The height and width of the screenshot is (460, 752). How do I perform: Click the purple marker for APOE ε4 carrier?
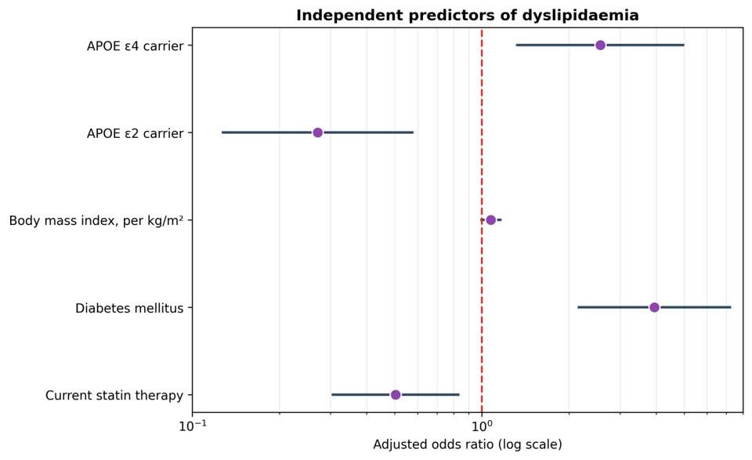600,45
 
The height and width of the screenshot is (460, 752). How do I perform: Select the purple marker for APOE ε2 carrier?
317,132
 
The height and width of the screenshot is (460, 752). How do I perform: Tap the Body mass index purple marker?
490,219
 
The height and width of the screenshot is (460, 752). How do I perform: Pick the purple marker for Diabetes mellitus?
654,307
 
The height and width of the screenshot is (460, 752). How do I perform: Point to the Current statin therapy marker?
395,395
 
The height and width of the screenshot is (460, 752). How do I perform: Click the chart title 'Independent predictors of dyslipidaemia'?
467,16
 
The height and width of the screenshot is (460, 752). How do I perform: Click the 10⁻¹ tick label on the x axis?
193,426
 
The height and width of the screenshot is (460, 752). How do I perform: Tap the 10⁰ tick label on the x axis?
482,426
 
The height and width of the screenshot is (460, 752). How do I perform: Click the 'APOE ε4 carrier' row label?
136,46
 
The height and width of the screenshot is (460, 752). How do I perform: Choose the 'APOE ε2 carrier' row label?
136,133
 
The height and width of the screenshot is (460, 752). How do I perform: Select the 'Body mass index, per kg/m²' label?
96,221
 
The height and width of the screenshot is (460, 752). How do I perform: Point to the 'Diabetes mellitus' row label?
129,308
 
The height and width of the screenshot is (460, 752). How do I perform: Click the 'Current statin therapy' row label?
114,396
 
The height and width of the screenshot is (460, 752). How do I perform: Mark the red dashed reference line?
482,219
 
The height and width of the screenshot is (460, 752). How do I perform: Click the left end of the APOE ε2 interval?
222,132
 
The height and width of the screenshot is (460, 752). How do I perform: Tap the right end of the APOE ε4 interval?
684,45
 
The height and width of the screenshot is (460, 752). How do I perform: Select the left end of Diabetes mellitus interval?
578,307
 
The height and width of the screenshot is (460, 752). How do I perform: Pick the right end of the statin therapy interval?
459,395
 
